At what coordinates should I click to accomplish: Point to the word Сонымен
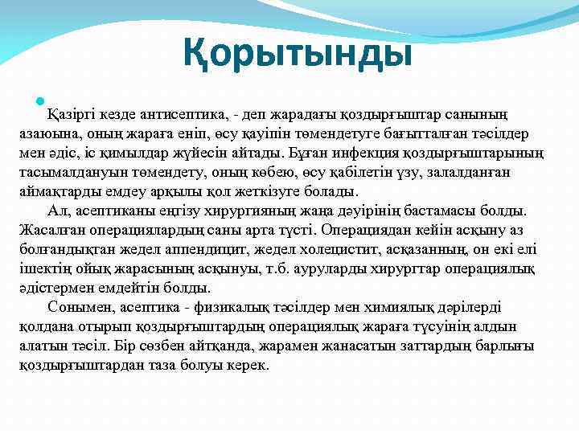coord(76,307)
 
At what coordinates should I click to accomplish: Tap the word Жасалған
coord(49,230)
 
